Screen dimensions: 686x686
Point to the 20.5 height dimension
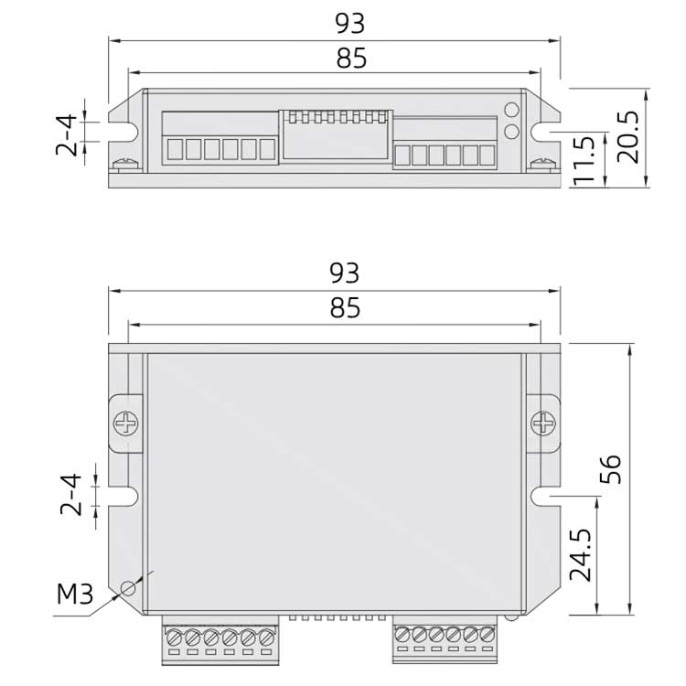629,138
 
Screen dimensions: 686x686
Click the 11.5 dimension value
585,161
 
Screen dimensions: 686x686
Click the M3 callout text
75,595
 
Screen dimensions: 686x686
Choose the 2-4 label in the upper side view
67,134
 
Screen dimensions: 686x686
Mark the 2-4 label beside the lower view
71,494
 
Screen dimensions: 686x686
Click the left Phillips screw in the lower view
125,423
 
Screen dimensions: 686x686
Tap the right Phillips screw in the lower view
543,423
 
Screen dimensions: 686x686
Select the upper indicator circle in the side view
511,111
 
